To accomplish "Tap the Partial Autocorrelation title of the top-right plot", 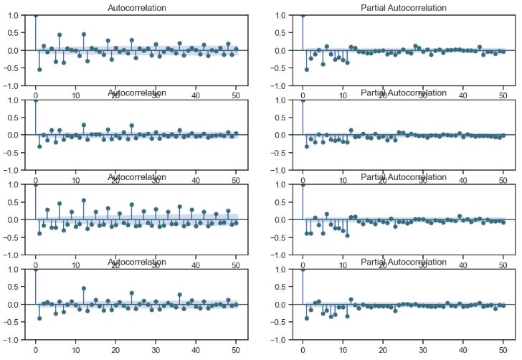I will [x=403, y=8].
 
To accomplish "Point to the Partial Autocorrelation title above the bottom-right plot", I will [x=403, y=262].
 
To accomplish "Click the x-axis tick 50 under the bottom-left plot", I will [x=236, y=351].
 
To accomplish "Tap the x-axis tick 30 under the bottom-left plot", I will [x=156, y=351].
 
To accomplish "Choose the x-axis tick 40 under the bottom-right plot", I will [x=463, y=351].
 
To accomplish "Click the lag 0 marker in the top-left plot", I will [x=36, y=15].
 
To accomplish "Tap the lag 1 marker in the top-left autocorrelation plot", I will [x=39, y=70].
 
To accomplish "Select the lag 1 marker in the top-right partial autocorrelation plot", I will [x=307, y=70].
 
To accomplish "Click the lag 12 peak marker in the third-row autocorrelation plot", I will [x=84, y=200].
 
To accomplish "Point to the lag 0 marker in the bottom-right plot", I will [x=303, y=269].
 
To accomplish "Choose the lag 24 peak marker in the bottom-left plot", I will [x=132, y=293].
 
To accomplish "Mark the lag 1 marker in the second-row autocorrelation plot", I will [x=39, y=146].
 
